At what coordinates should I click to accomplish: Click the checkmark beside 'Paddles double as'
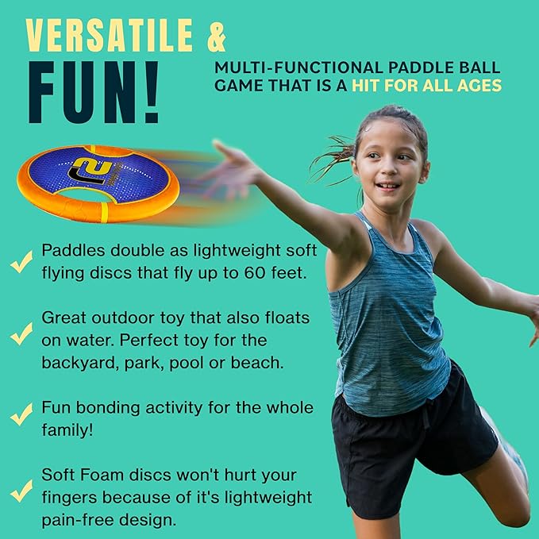point(21,261)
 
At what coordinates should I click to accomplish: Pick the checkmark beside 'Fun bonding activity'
point(21,416)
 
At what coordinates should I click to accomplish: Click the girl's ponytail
point(329,151)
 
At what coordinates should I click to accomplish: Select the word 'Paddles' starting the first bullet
point(71,252)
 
